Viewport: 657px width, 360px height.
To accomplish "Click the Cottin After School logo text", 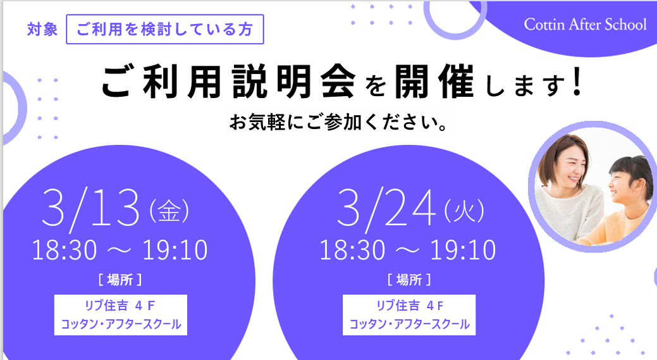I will click(585, 25).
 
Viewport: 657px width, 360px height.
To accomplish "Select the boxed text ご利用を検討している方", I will click(164, 29).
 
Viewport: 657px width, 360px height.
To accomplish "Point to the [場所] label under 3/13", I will click(120, 280).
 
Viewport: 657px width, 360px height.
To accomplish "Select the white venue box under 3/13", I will click(121, 314).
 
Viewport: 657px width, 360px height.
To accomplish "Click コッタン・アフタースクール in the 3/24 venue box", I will click(409, 325).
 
